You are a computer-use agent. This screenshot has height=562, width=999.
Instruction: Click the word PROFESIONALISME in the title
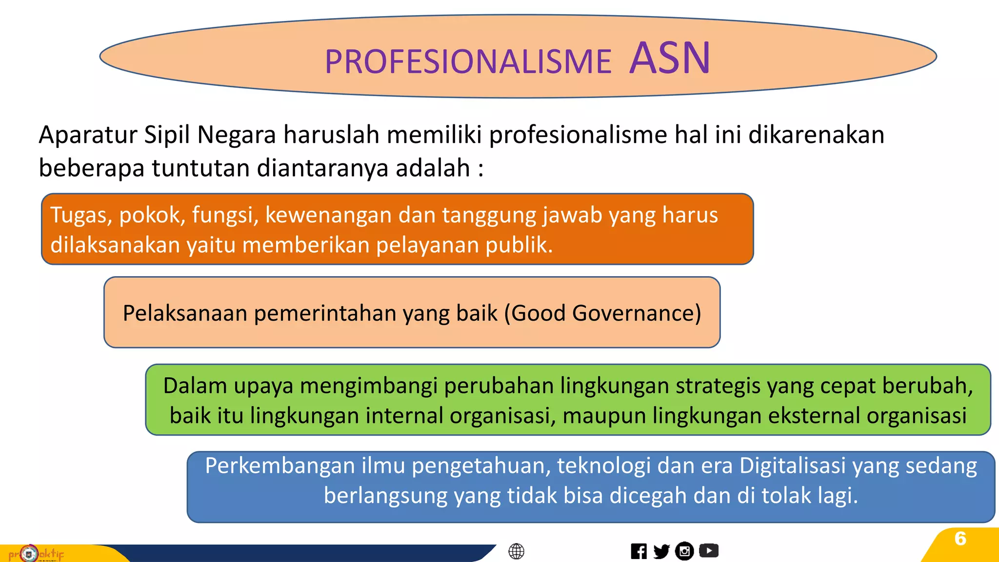(x=468, y=62)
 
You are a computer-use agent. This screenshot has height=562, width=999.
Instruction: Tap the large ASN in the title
(x=670, y=59)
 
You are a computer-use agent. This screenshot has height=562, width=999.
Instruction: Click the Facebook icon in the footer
(x=639, y=551)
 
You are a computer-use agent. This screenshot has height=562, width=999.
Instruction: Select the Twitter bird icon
(x=661, y=551)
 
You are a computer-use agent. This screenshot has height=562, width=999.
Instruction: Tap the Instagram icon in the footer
(x=684, y=551)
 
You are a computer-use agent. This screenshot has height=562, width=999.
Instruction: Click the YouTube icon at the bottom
(x=709, y=551)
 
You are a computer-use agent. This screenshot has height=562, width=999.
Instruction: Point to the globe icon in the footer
(x=516, y=551)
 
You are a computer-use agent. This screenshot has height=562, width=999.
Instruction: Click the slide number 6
(x=960, y=539)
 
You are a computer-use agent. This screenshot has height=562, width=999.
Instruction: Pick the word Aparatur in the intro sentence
(x=88, y=135)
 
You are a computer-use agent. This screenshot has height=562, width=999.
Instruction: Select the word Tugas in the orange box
(x=81, y=215)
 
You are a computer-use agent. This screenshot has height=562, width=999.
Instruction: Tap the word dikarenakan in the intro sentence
(x=816, y=135)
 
